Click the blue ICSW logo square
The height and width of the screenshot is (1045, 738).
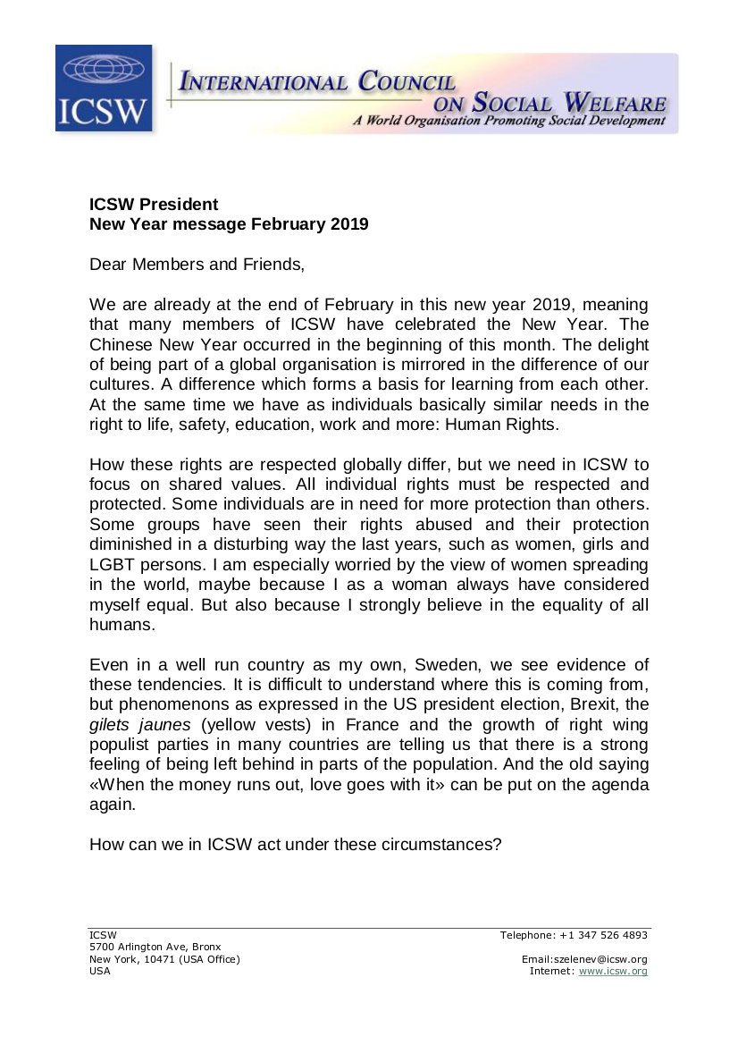pyautogui.click(x=104, y=88)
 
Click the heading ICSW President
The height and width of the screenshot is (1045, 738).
pyautogui.click(x=153, y=205)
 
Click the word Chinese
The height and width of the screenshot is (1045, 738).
pyautogui.click(x=126, y=344)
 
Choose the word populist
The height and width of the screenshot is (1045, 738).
pyautogui.click(x=124, y=746)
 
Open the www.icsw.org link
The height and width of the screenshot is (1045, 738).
pyautogui.click(x=613, y=971)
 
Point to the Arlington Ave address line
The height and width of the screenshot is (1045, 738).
pyautogui.click(x=155, y=947)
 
